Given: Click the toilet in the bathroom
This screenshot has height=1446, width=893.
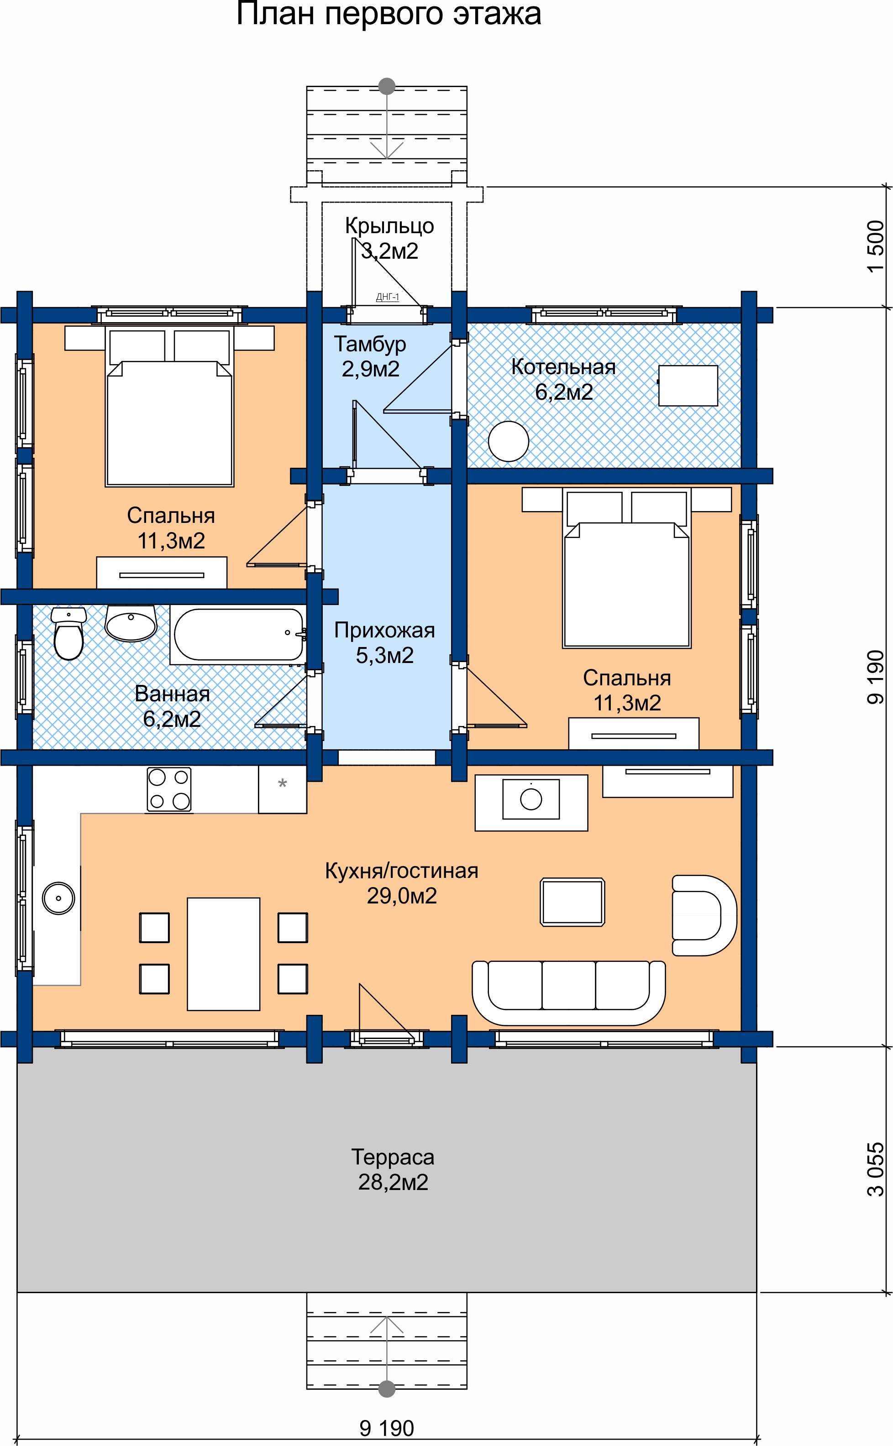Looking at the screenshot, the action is tap(68, 633).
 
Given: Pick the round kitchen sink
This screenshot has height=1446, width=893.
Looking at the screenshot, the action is tap(58, 898).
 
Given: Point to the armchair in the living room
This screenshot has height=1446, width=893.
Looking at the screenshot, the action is tap(704, 915).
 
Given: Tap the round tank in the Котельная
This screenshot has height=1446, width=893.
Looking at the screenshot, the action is tap(509, 442).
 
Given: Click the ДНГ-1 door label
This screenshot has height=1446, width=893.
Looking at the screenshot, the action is tap(388, 297).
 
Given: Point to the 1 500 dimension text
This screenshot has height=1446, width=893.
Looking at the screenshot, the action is tap(875, 246).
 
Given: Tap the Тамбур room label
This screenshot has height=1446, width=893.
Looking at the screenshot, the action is tap(370, 344).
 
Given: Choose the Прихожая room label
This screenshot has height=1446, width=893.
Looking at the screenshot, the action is tap(384, 630).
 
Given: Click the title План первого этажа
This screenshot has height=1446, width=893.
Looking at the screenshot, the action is tap(389, 14).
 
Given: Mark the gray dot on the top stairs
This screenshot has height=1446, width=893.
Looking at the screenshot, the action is tap(387, 86).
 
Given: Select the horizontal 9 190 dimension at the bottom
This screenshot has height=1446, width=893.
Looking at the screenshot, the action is tap(387, 1428).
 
